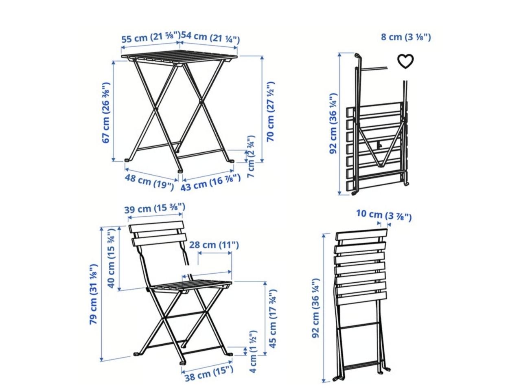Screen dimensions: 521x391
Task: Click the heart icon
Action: pos(405,62)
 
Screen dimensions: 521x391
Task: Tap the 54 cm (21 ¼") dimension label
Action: pos(210,38)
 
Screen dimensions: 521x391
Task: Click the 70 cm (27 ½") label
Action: pos(271,112)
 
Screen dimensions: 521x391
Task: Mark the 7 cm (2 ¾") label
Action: pos(251,156)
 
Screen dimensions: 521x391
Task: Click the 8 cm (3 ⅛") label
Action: pos(406,37)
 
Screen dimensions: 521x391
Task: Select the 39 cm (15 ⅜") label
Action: pos(155,208)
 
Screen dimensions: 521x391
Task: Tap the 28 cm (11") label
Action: pos(214,244)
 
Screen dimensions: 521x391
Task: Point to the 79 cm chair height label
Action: pos(93,294)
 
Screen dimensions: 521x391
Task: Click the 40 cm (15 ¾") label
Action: pos(111,258)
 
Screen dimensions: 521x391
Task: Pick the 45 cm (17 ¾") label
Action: pos(273,319)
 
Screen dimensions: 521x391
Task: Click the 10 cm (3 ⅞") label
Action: pos(384,215)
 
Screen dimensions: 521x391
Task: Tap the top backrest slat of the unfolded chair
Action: pos(157,227)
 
